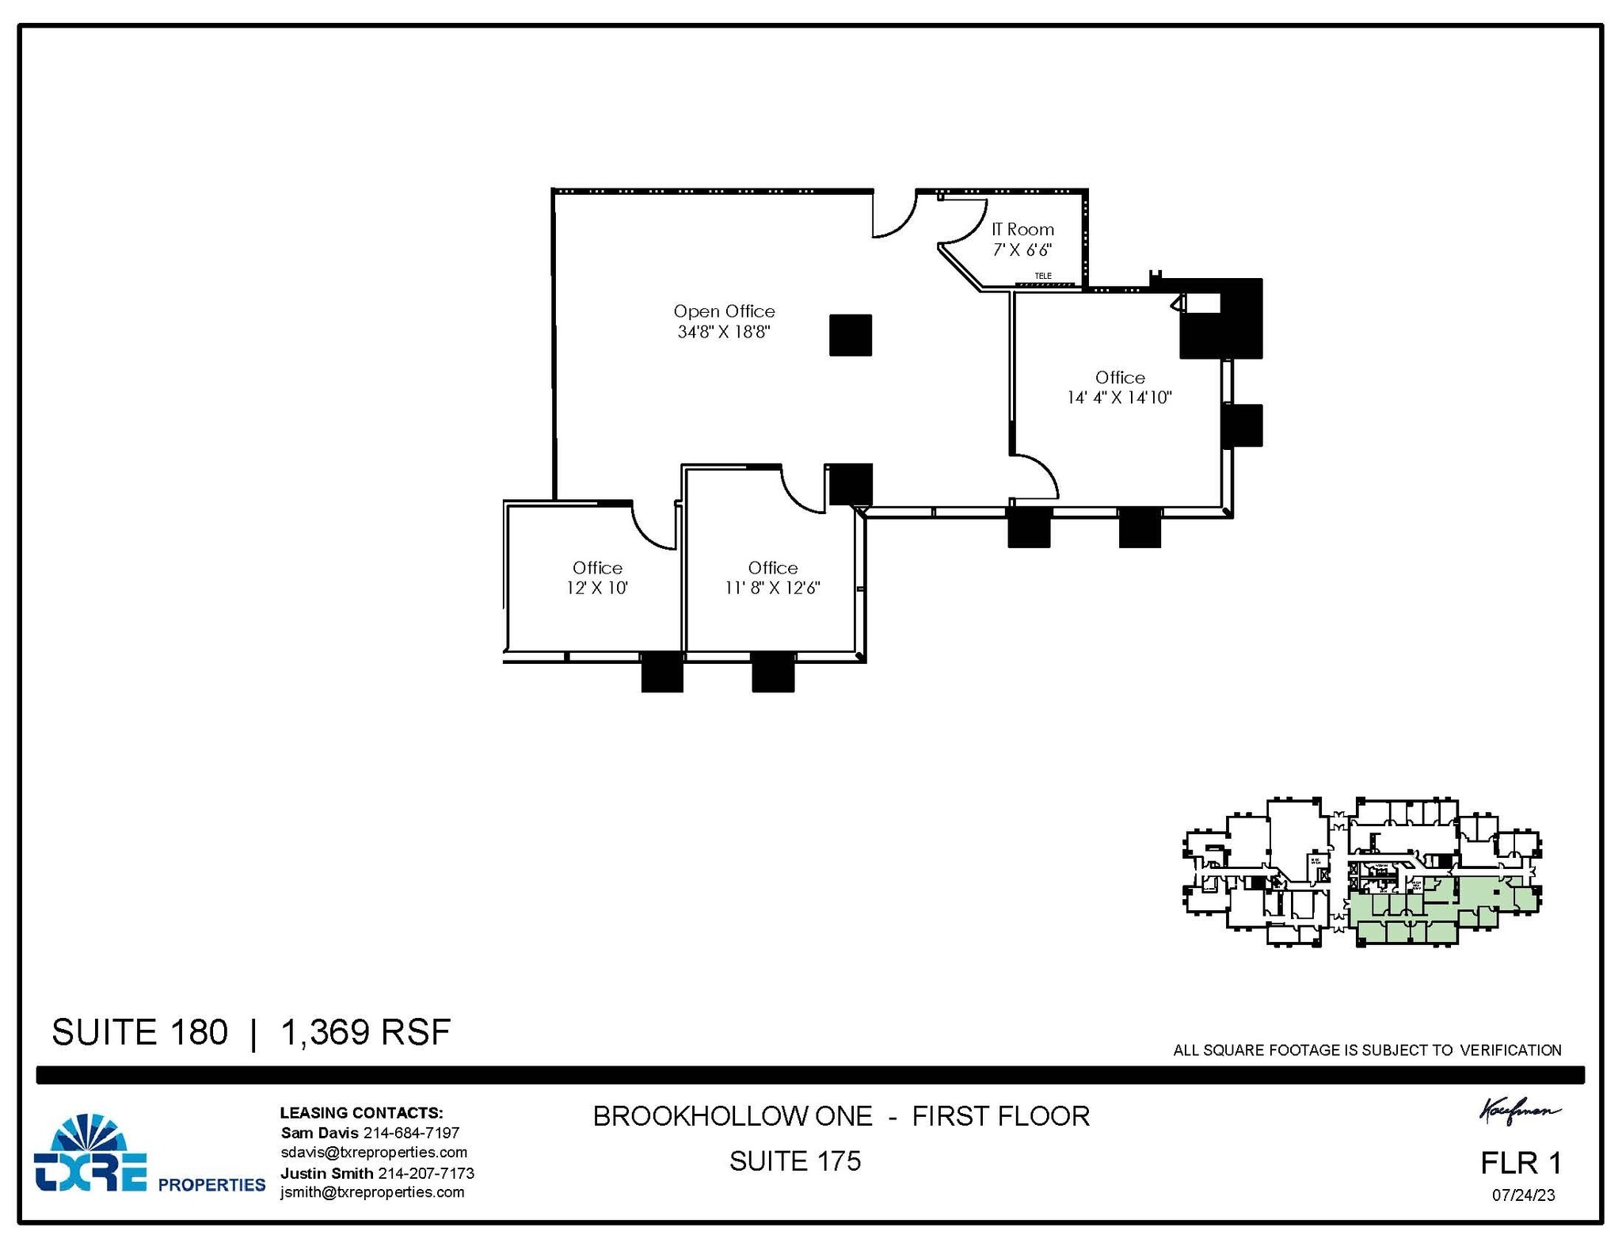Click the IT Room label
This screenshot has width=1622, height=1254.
(1022, 230)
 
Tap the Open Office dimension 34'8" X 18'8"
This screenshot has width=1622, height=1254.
(724, 332)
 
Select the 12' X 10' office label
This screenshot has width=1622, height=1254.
(597, 588)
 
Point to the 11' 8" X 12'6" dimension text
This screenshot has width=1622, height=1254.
(772, 588)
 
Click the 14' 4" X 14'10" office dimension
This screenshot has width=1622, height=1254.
(1119, 398)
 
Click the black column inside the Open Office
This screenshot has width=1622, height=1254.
(851, 335)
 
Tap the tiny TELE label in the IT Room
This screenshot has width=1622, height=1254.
(1043, 276)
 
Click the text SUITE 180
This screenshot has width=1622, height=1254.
(139, 1032)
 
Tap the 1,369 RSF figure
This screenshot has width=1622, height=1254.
(365, 1032)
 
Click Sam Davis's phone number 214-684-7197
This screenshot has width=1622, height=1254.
(411, 1133)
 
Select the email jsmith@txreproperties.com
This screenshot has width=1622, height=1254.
(372, 1192)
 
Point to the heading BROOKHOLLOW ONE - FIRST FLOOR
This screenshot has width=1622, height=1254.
(841, 1116)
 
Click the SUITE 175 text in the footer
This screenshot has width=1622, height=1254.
(794, 1161)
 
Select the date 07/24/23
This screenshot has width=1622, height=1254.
(1523, 1195)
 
